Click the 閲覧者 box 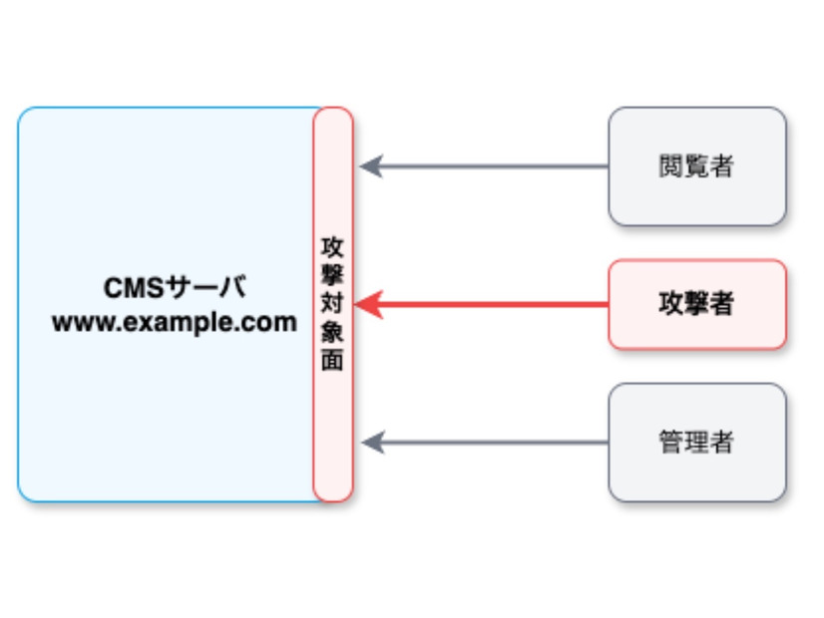coord(697,166)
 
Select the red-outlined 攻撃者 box coord(697,304)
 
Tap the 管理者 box coord(697,442)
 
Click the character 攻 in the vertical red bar coord(333,245)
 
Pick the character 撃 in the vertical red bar coord(333,274)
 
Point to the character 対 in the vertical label coord(333,303)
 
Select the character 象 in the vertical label coord(333,332)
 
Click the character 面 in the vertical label coord(333,360)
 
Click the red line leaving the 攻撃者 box coord(499,304)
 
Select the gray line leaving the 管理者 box coord(499,442)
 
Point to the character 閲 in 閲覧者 coord(671,166)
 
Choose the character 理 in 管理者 coord(697,442)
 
